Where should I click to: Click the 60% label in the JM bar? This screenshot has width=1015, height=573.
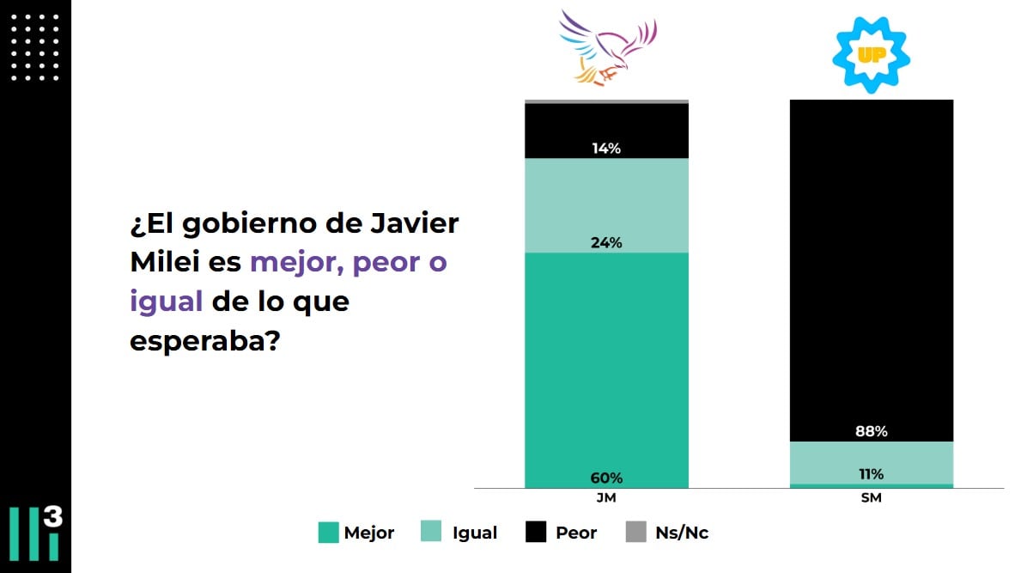click(x=606, y=478)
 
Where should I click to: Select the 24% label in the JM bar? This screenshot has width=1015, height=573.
click(x=606, y=242)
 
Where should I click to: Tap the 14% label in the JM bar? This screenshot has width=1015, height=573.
click(x=606, y=148)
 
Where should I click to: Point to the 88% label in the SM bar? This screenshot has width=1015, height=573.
click(x=871, y=431)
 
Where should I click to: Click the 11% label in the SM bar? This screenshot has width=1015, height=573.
click(x=871, y=473)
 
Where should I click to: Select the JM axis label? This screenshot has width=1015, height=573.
click(x=606, y=498)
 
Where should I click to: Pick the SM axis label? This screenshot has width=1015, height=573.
click(x=871, y=498)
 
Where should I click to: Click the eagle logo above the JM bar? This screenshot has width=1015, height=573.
click(x=607, y=47)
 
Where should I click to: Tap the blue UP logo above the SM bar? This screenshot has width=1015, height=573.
click(x=871, y=54)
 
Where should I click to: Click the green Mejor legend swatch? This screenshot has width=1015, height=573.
click(x=328, y=533)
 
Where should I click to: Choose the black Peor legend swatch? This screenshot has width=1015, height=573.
click(x=535, y=533)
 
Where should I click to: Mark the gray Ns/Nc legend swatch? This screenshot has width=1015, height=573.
click(x=635, y=533)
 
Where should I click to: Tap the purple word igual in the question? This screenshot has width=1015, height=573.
click(x=167, y=302)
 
